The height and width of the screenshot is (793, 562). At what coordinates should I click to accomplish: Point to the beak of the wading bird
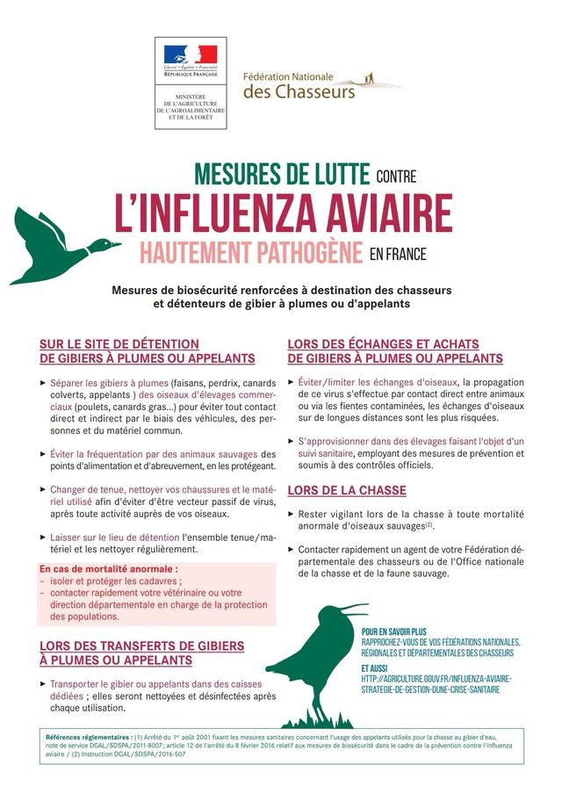click(x=351, y=607)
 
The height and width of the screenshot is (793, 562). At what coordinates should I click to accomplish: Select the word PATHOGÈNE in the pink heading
click(x=299, y=253)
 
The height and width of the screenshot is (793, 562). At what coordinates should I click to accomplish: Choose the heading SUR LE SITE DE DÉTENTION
click(x=119, y=344)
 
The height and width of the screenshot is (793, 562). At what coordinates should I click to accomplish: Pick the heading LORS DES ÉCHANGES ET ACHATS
click(x=395, y=344)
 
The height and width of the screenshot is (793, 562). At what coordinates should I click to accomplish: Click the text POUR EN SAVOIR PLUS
click(x=393, y=631)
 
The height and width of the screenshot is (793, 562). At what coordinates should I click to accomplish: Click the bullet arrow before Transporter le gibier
click(x=43, y=682)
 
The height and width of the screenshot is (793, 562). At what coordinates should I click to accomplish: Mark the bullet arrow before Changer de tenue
click(x=43, y=488)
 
